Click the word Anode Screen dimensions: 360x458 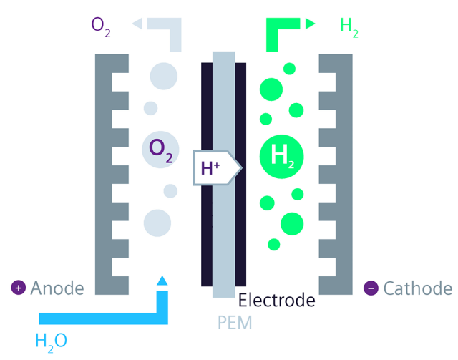coord(57,288)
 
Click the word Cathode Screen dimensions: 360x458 coord(417,288)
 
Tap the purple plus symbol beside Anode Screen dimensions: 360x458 coord(19,288)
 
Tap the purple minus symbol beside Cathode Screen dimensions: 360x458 coord(371,288)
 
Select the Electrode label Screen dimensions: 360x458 coord(276,301)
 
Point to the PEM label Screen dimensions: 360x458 coord(235,323)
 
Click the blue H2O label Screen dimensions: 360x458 coord(51,340)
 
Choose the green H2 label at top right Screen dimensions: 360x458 coord(349,27)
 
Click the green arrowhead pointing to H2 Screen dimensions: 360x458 coord(310,24)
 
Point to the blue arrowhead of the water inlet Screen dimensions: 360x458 coord(162,281)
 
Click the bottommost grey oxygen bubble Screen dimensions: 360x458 coord(157,223)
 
